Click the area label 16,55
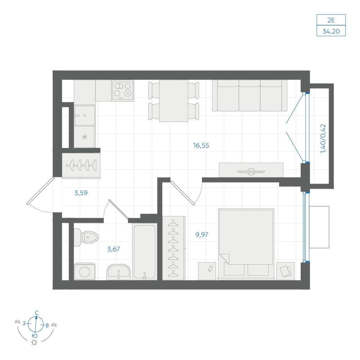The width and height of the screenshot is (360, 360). (x=201, y=145)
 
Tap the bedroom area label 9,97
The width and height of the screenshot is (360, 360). (x=202, y=235)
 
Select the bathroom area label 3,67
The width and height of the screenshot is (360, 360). (x=114, y=249)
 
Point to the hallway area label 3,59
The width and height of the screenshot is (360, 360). (x=81, y=193)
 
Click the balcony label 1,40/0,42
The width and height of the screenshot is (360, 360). (x=323, y=139)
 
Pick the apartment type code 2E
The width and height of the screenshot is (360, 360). (x=331, y=20)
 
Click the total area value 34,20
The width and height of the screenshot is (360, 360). (x=331, y=31)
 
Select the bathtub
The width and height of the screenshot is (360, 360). (x=144, y=252)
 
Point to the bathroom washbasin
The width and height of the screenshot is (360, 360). (x=118, y=272)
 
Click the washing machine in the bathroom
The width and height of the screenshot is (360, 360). (x=85, y=271)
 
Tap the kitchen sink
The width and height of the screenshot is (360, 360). (x=85, y=116)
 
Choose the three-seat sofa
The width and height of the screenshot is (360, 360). (x=249, y=95)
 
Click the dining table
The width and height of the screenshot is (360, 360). (x=174, y=101)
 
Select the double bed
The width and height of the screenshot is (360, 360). (x=246, y=244)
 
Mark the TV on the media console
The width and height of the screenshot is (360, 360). (x=251, y=171)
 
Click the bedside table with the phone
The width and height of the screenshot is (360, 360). (x=207, y=271)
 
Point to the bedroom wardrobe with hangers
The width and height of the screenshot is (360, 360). (x=174, y=248)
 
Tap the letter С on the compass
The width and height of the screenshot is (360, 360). (x=37, y=313)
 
